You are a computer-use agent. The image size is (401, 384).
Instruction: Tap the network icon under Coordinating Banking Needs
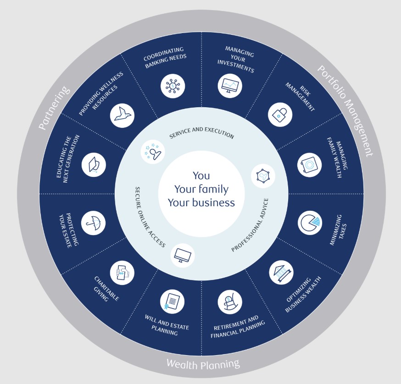[173, 85]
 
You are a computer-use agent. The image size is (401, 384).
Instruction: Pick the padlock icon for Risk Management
[279, 115]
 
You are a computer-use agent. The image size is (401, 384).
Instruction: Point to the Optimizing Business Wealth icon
[280, 273]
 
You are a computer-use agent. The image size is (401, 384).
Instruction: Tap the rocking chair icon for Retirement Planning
[229, 302]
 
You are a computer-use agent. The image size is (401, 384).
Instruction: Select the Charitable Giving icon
[122, 273]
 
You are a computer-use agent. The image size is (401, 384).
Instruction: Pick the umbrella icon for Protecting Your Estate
[93, 223]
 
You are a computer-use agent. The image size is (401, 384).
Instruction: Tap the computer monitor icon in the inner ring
[183, 255]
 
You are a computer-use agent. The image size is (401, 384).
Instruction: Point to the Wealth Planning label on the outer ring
[203, 364]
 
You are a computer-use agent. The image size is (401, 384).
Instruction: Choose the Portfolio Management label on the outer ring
[345, 110]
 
